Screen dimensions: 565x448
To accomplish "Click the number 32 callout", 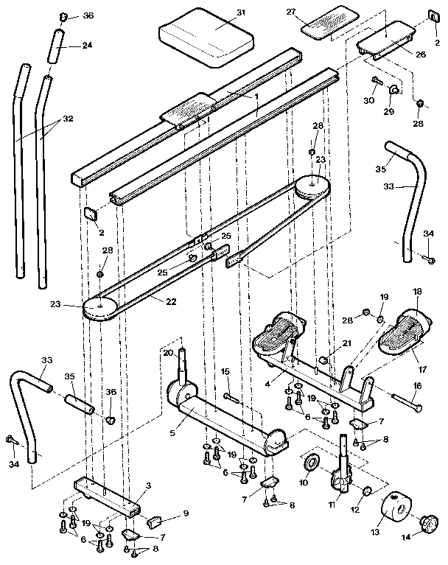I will tap(67, 118).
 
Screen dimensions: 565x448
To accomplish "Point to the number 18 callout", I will tap(417, 292).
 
